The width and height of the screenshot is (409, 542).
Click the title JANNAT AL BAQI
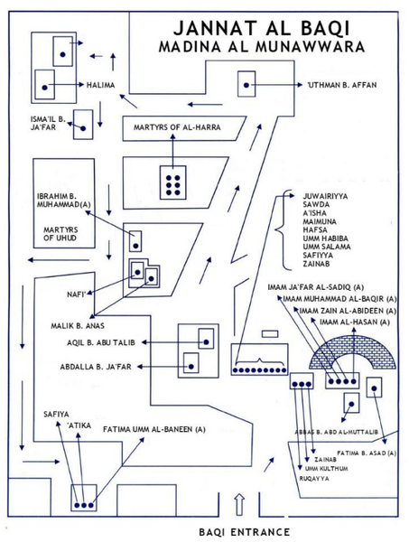(x=262, y=28)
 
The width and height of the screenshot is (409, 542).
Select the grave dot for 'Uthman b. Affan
(x=246, y=85)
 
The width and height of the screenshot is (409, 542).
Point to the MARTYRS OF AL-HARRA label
(x=177, y=127)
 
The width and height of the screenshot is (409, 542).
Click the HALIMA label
(x=100, y=85)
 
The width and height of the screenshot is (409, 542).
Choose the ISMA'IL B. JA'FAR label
(x=48, y=124)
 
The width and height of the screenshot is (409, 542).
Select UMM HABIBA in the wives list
(x=325, y=238)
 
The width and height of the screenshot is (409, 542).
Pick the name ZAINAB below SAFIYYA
(x=316, y=264)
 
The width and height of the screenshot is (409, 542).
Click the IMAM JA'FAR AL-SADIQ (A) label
(x=315, y=287)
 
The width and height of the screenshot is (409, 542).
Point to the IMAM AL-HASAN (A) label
(x=355, y=322)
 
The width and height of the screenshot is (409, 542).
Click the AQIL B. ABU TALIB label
(x=101, y=342)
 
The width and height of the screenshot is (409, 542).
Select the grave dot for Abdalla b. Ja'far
(x=191, y=367)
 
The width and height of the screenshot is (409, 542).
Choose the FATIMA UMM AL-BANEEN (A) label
(x=154, y=429)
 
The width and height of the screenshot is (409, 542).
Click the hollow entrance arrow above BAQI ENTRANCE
(x=239, y=504)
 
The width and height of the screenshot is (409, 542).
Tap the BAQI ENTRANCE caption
(x=244, y=532)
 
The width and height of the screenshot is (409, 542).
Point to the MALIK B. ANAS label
(x=78, y=325)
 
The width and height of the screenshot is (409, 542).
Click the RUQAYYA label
(x=314, y=479)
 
